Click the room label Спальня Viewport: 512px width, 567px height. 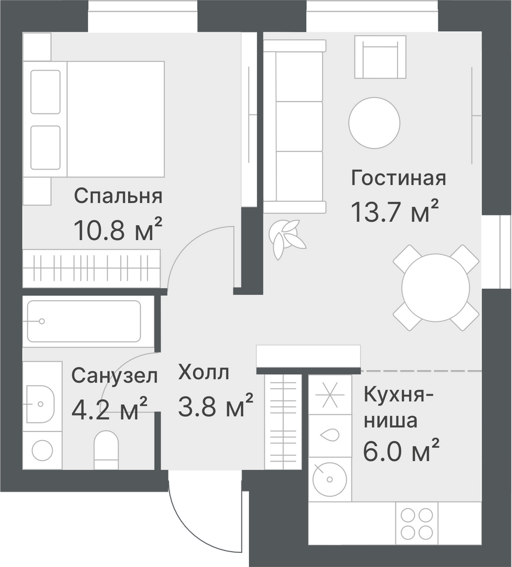click(x=119, y=197)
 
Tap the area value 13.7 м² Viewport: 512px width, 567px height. click(x=395, y=210)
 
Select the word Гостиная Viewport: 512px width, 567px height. click(x=399, y=178)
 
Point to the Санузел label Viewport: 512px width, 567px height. click(x=115, y=376)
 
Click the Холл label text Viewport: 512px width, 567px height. click(x=204, y=373)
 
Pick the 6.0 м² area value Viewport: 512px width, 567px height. click(x=401, y=450)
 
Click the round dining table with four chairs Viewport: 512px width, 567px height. click(x=435, y=288)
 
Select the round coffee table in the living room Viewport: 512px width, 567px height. click(x=374, y=123)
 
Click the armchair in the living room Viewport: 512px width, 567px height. click(x=380, y=57)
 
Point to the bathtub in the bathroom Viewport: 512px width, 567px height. click(x=83, y=321)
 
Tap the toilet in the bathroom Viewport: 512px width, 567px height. click(x=106, y=450)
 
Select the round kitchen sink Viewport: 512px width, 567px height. click(x=329, y=480)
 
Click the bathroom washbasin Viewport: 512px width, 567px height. click(x=40, y=404)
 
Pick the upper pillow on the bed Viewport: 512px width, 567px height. click(x=45, y=92)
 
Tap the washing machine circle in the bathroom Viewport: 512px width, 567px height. click(x=43, y=451)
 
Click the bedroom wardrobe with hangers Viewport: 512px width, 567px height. click(x=91, y=268)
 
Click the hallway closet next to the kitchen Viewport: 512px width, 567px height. click(x=283, y=422)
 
